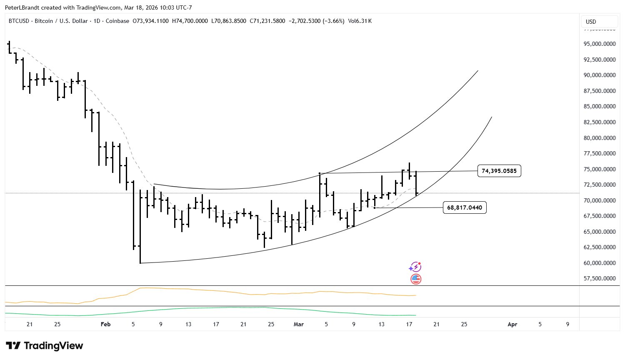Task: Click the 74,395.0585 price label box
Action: coord(499,171)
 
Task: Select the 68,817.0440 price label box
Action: coord(464,207)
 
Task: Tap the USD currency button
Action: coord(591,22)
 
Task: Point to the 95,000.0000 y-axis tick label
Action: coord(600,44)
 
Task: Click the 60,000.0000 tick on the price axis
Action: coord(600,263)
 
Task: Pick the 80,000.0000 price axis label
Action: coord(600,138)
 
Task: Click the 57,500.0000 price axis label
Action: coord(600,278)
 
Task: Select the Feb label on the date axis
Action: coord(106,324)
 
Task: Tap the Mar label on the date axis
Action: coord(299,324)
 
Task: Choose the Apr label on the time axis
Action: coord(512,324)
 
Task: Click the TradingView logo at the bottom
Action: coord(45,346)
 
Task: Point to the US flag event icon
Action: coord(416,279)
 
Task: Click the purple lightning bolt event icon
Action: coord(415,267)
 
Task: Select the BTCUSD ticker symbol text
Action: coord(19,21)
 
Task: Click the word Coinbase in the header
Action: coord(117,21)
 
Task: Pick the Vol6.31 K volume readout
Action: coord(360,21)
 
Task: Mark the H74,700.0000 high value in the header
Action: coord(190,21)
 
